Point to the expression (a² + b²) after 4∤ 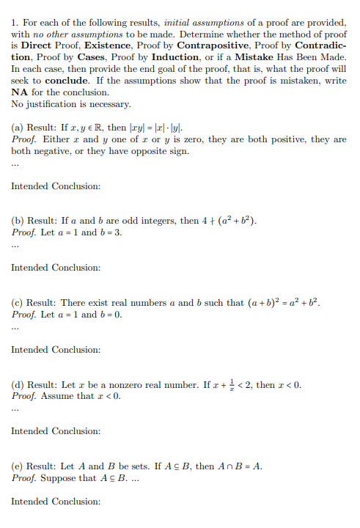click(233, 221)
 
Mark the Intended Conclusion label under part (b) click(56, 268)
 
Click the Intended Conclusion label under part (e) click(56, 502)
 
